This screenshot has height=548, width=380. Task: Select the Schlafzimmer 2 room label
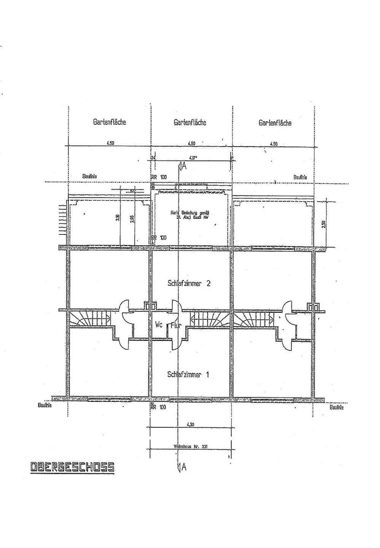[x=189, y=284]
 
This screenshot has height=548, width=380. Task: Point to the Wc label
[x=159, y=325]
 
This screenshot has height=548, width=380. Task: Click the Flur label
[x=175, y=325]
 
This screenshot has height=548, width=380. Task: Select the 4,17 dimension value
[x=192, y=158]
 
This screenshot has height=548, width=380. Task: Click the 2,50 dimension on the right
[x=324, y=223]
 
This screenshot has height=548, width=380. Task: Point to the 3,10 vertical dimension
[x=118, y=218]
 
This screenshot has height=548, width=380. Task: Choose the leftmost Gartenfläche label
[x=110, y=123]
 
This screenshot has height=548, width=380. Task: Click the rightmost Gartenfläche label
[x=275, y=123]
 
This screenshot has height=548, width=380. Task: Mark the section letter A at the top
[x=184, y=166]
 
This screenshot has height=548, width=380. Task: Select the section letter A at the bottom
[x=184, y=468]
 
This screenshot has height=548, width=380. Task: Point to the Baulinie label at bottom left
[x=45, y=406]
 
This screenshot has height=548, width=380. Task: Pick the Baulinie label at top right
[x=300, y=177]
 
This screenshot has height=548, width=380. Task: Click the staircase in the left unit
[x=89, y=318]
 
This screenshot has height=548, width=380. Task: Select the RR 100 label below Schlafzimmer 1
[x=159, y=407]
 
